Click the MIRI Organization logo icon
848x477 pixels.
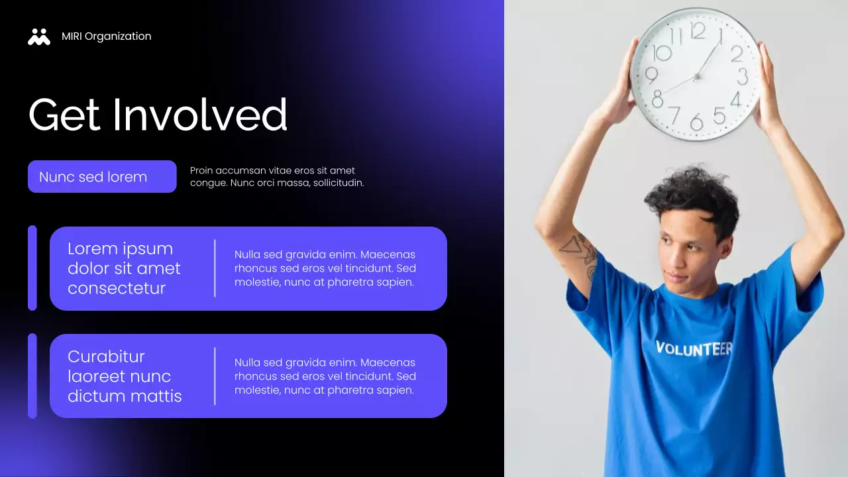[x=39, y=36]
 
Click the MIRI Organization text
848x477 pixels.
[x=106, y=36]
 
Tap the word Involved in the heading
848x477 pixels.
[x=200, y=115]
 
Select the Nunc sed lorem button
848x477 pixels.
[x=102, y=177]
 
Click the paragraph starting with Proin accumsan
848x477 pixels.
[x=277, y=177]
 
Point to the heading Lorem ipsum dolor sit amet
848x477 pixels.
[x=124, y=268]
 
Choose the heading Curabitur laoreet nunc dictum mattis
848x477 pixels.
[x=125, y=376]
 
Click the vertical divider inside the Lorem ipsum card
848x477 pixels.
[x=215, y=268]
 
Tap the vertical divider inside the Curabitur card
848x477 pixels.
[x=215, y=376]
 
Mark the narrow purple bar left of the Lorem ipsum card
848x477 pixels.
[x=32, y=268]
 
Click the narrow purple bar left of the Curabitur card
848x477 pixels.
[x=32, y=376]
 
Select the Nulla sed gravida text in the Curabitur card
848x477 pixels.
[x=325, y=376]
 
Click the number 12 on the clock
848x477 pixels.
[x=697, y=30]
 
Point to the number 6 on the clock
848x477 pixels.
[x=696, y=123]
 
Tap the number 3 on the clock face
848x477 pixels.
[x=742, y=76]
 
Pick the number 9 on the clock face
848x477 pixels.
[x=651, y=75]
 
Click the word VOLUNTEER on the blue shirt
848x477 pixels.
[x=694, y=348]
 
